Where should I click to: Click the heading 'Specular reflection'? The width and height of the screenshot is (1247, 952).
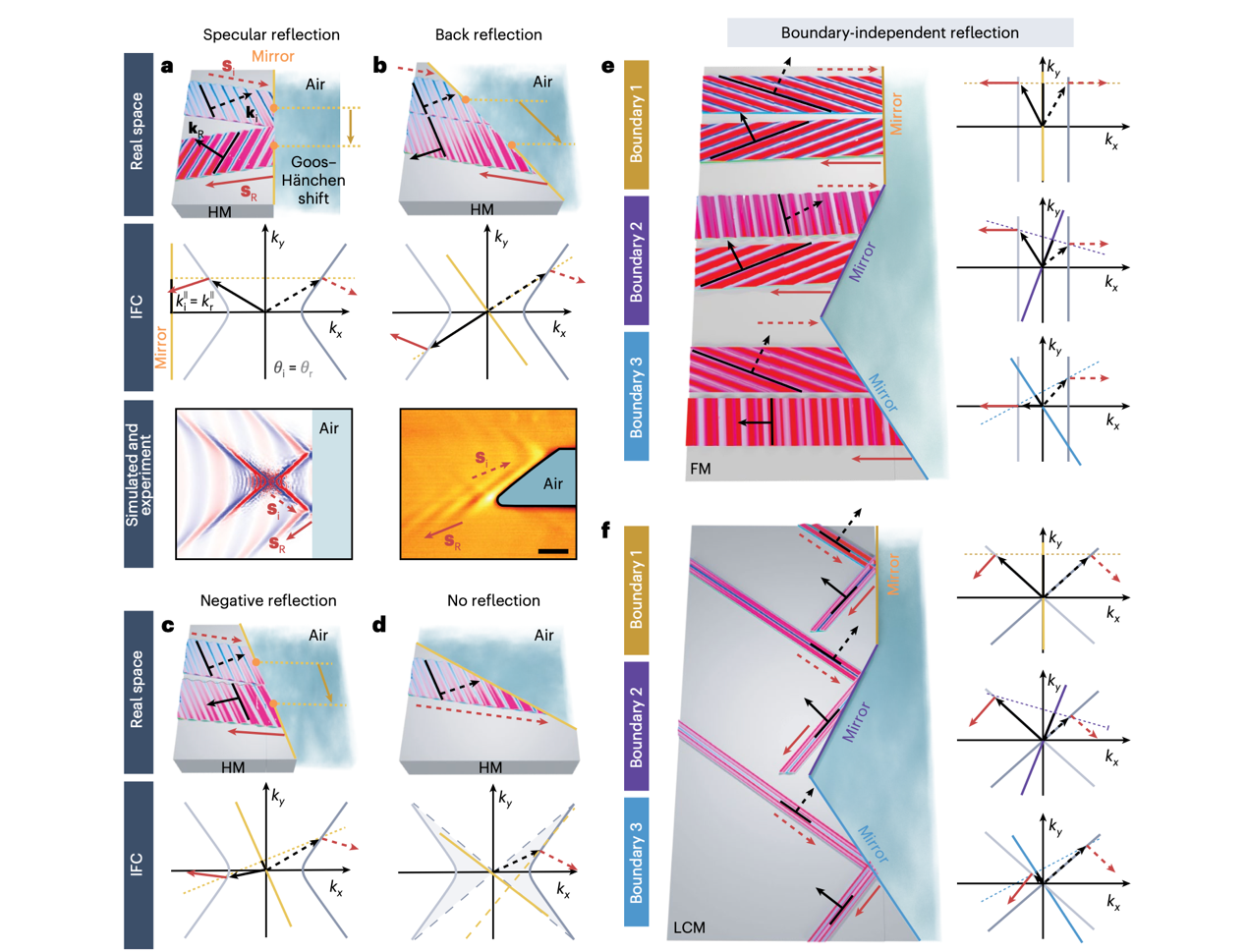click(x=271, y=35)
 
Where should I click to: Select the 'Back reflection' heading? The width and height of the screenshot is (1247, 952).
click(x=488, y=35)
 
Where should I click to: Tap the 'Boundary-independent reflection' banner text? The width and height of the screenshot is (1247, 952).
click(x=899, y=32)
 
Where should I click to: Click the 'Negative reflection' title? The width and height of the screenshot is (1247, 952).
click(x=268, y=600)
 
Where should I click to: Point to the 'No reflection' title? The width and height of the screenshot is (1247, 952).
click(x=493, y=600)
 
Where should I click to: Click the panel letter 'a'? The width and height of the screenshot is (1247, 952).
click(x=167, y=67)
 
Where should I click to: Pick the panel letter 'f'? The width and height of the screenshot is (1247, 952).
click(x=607, y=531)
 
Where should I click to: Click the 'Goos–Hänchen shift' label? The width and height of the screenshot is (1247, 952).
click(x=313, y=181)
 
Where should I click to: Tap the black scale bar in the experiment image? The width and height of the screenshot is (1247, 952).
click(x=553, y=550)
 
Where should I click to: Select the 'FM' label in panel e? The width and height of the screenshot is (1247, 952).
click(x=700, y=470)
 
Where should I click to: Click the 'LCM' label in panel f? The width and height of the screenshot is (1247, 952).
click(x=689, y=926)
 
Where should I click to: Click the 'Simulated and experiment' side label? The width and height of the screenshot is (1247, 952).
click(x=139, y=482)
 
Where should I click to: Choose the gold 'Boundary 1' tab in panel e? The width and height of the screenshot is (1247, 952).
click(x=637, y=125)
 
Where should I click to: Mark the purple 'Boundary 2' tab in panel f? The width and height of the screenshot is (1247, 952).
click(x=637, y=725)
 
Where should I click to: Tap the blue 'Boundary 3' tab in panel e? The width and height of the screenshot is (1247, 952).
click(x=637, y=396)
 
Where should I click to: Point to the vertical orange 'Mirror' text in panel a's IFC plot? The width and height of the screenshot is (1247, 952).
click(x=161, y=349)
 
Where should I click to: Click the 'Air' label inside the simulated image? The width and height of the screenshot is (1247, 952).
click(x=329, y=428)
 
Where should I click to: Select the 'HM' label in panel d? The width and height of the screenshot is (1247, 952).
click(x=489, y=767)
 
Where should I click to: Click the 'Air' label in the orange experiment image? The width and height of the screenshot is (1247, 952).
click(x=553, y=483)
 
